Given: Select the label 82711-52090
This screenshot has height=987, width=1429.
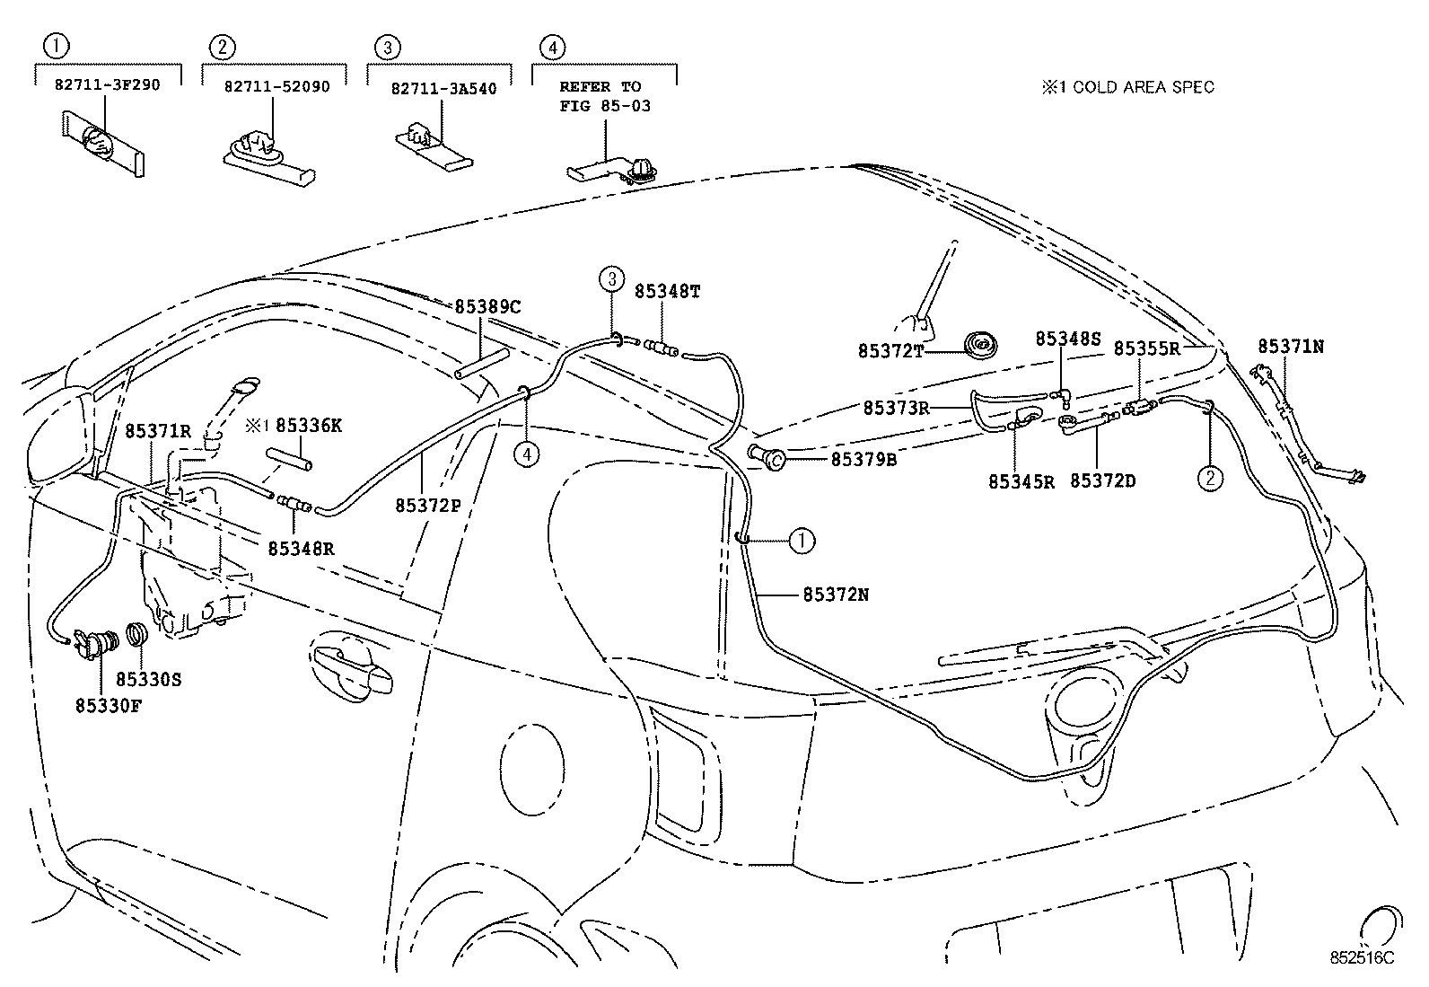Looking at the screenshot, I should click(276, 86).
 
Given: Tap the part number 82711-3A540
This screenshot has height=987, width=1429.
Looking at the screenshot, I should click(443, 89).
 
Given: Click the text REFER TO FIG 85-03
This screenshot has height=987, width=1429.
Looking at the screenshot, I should click(601, 96).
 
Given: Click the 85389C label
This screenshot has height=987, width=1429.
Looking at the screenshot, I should click(487, 307).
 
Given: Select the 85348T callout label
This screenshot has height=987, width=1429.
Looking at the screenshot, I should click(667, 291).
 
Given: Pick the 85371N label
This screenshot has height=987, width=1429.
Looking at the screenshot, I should click(1291, 346).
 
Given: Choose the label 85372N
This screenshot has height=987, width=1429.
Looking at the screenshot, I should click(835, 595).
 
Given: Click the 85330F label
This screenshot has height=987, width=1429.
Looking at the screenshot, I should click(109, 705).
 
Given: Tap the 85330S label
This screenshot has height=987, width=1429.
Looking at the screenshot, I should click(148, 680).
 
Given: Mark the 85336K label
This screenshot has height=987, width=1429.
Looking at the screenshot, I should click(308, 425).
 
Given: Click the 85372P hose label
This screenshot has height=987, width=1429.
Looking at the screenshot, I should click(428, 505).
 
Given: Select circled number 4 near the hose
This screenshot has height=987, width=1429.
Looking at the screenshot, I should click(527, 455).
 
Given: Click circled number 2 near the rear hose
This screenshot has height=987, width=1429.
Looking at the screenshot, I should click(1210, 479).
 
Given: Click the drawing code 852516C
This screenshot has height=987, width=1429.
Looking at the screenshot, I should click(1362, 958).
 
